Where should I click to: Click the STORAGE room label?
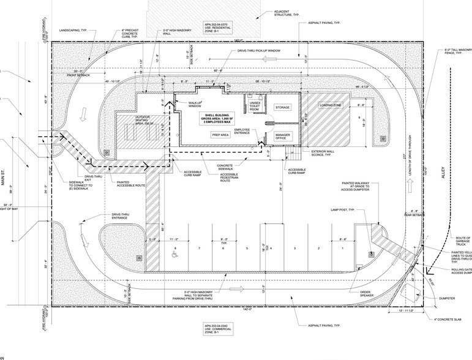282,107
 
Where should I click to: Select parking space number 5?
247,248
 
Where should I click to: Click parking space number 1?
343,248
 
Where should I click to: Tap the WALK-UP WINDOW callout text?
195,105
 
